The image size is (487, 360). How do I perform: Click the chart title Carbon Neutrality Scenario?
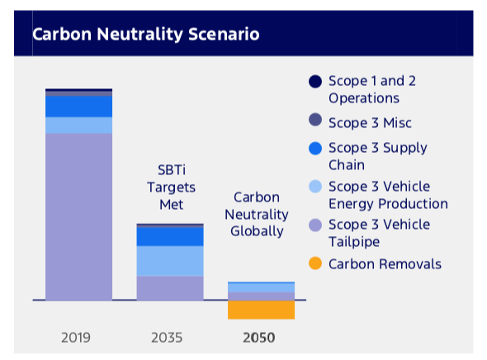point(145,34)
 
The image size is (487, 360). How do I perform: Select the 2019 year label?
point(76,338)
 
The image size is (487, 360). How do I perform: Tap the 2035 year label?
point(167,338)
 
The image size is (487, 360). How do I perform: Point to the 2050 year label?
point(259,338)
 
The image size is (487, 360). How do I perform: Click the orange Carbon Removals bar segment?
point(261,310)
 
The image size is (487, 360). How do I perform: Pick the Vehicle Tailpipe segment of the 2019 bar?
point(79,217)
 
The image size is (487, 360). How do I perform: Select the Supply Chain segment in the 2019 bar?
point(79,107)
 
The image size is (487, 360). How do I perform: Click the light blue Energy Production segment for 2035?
point(170,261)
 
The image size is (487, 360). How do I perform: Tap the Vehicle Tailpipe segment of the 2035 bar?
point(170,288)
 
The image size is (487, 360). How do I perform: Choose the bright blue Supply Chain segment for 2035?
point(170,237)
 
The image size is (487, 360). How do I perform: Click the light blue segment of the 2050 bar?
point(261,287)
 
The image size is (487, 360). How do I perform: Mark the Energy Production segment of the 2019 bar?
point(79,126)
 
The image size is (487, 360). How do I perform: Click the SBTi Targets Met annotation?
point(172,187)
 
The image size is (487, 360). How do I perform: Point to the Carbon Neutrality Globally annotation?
point(257,215)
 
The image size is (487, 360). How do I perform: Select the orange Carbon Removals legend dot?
point(315,263)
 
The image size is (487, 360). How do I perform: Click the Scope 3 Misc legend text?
point(371,123)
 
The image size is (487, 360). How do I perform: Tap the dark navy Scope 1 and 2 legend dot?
point(315,82)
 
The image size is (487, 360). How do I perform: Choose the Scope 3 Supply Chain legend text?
point(378,156)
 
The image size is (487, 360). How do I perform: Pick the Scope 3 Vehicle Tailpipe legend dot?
point(315,225)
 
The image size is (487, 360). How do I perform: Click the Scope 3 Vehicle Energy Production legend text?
point(389,196)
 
